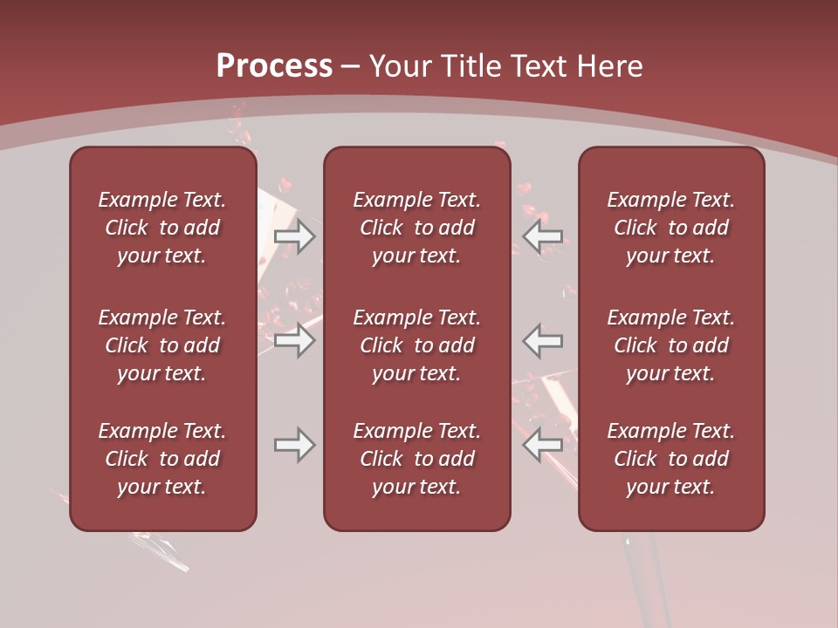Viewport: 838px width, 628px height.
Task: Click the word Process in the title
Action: (274, 66)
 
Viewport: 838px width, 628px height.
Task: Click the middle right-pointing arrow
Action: (294, 340)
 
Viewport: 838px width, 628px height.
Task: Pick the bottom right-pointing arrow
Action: (294, 445)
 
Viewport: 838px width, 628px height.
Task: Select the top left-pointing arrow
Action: (543, 236)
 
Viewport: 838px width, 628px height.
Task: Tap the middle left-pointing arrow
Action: (543, 340)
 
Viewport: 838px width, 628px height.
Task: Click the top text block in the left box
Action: (162, 228)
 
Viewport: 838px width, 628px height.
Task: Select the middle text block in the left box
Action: (162, 345)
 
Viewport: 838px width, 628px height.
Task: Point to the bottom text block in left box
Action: (162, 459)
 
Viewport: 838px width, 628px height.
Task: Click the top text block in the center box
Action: (416, 228)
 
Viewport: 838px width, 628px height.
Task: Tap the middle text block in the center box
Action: (416, 345)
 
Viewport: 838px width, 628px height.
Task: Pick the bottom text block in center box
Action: (416, 459)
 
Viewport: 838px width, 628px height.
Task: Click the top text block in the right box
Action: (670, 228)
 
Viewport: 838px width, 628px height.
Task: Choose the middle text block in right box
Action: (670, 345)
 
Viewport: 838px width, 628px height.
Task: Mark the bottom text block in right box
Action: (670, 459)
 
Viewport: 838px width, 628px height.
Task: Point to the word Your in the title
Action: (400, 66)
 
